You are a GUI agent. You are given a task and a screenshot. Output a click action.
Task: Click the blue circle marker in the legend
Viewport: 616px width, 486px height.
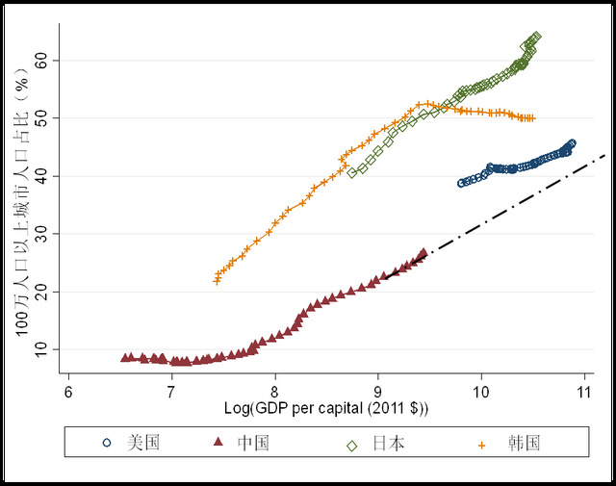(107, 444)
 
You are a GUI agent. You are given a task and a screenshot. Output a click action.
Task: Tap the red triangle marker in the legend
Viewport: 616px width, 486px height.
(218, 444)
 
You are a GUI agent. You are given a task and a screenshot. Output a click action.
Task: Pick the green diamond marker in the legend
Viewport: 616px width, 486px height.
(351, 444)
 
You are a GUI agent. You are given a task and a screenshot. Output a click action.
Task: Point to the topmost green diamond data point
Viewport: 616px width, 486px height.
(536, 37)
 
